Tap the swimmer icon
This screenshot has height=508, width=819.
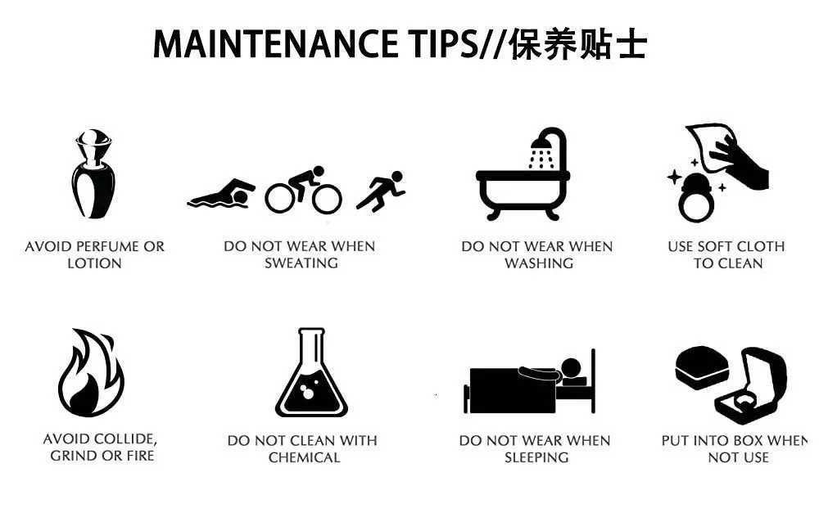[x=221, y=195]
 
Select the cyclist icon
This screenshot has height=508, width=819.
[x=304, y=191]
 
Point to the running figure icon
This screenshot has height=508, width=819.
[x=381, y=191]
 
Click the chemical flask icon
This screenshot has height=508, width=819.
[x=311, y=372]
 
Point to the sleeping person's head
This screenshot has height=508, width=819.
[x=570, y=368]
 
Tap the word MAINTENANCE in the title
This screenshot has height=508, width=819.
[x=275, y=44]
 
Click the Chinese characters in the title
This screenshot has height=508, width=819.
[x=577, y=44]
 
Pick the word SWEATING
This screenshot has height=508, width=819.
[x=301, y=263]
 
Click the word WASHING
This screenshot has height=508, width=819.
[x=539, y=263]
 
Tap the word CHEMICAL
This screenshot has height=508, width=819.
[x=304, y=458]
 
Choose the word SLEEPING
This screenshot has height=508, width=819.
[x=536, y=458]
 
